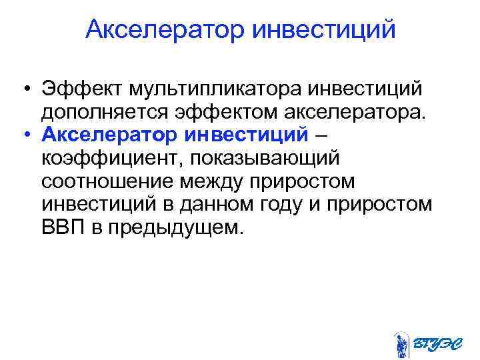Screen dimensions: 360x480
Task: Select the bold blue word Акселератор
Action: click(109, 135)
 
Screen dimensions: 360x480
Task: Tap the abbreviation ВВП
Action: click(59, 228)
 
